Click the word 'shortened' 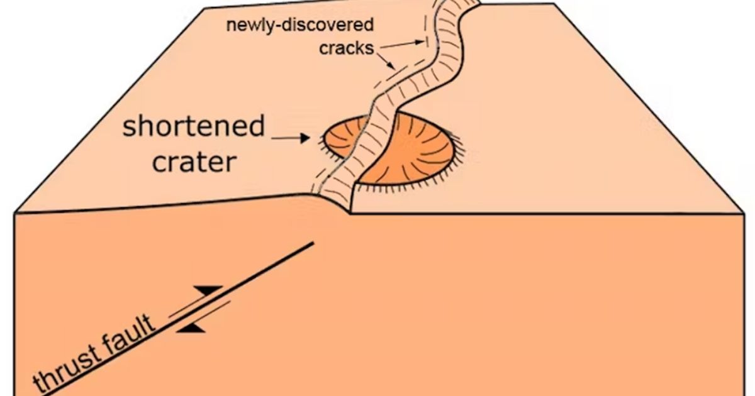tap(193, 127)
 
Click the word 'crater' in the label tap(194, 162)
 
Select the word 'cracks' tap(347, 48)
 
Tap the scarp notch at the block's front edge tap(350, 212)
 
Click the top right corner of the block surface tap(554, 4)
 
